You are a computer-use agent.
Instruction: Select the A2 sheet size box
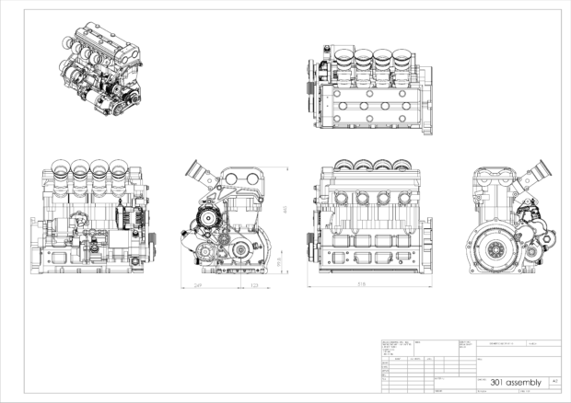(553, 380)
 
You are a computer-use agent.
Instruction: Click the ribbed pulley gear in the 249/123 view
(206, 222)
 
